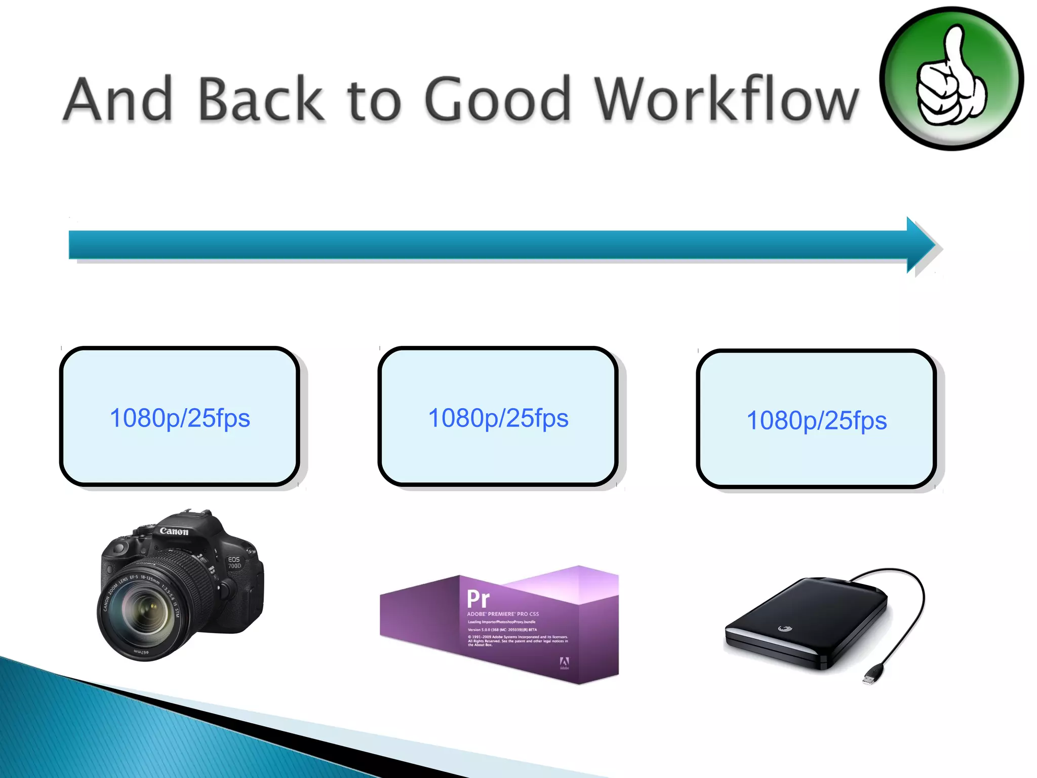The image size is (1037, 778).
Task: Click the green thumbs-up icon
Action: pos(951,79)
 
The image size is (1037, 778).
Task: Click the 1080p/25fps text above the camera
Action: pos(180,418)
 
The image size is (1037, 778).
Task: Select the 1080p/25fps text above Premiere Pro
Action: pos(498,418)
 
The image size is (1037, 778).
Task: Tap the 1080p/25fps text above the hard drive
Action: pos(816,421)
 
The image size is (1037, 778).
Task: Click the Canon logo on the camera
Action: pos(174,531)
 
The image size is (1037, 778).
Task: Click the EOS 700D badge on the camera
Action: pos(234,563)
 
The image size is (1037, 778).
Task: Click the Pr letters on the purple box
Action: pos(478,599)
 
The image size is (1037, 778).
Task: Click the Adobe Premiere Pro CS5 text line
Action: pos(503,614)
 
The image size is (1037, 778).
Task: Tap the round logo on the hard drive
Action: pos(784,629)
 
